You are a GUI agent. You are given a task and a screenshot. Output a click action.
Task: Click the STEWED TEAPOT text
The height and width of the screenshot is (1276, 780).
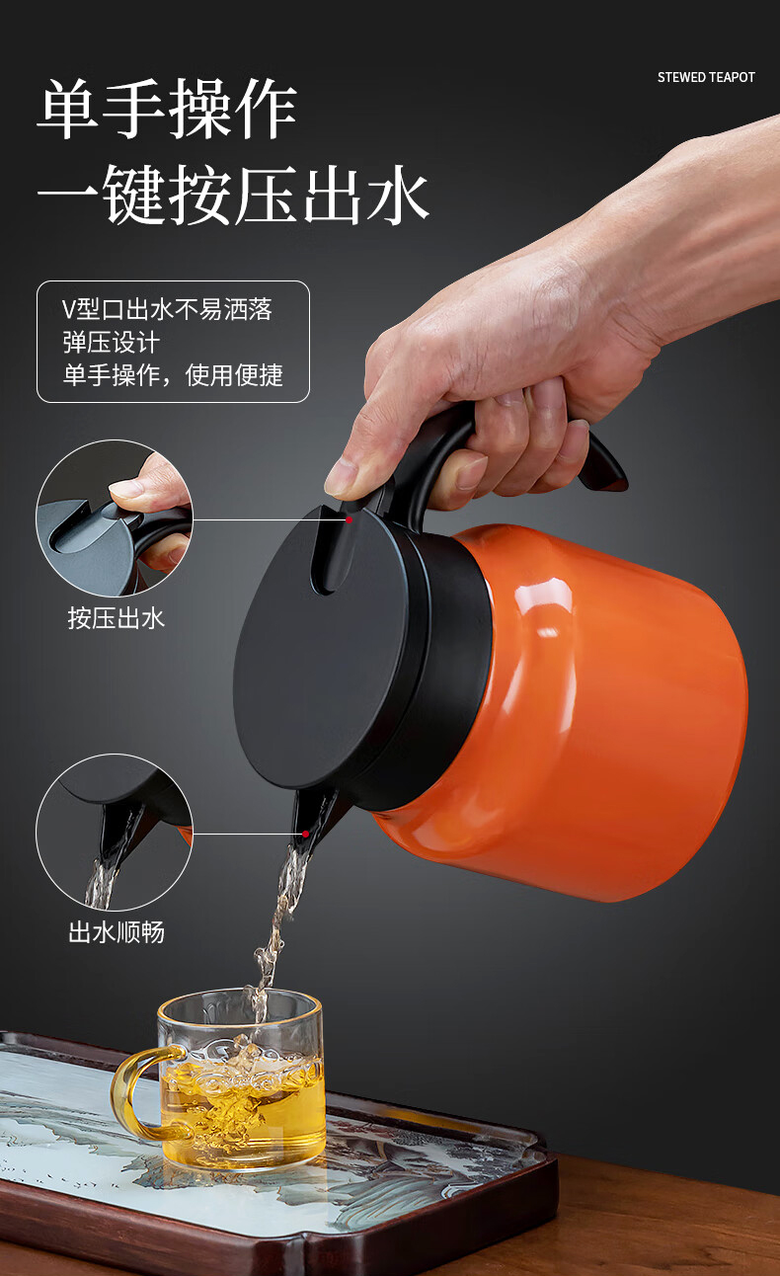706,77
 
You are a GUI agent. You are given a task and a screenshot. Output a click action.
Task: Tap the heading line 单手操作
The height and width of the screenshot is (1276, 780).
168,109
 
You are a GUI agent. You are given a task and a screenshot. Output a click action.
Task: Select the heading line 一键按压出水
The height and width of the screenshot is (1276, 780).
233,194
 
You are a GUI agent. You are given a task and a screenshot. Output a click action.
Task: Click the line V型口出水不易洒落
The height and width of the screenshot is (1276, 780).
167,309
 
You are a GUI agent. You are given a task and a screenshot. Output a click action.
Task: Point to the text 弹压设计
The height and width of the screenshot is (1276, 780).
111,343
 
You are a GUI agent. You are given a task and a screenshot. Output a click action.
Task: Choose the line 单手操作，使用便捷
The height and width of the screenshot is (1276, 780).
173,375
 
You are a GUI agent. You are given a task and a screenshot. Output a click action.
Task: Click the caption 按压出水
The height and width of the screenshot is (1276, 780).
117,618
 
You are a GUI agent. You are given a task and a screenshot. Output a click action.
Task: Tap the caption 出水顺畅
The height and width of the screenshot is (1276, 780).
117,932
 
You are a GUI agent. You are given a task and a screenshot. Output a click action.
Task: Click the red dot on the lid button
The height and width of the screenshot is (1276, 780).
349,519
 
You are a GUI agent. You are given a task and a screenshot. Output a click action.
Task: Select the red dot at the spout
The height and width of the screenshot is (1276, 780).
306,834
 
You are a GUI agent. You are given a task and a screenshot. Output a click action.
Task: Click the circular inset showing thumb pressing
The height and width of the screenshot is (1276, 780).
115,518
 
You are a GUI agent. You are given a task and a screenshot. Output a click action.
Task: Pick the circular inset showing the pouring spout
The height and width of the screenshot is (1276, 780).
115,833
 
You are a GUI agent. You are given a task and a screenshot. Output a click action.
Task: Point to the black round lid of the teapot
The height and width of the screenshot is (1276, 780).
322,650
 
